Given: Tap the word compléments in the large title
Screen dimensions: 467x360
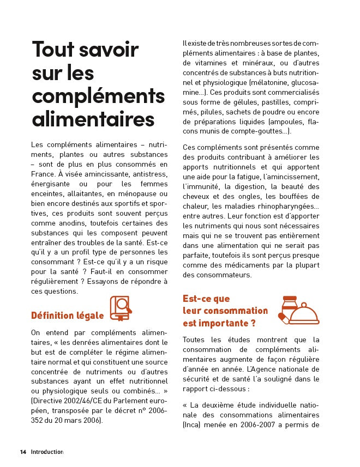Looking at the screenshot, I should (x=98, y=95).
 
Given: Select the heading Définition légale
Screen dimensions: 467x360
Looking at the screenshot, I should (x=67, y=315).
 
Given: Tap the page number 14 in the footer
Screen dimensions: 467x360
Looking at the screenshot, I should (x=23, y=452).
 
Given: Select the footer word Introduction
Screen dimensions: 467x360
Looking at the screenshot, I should (x=47, y=452).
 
